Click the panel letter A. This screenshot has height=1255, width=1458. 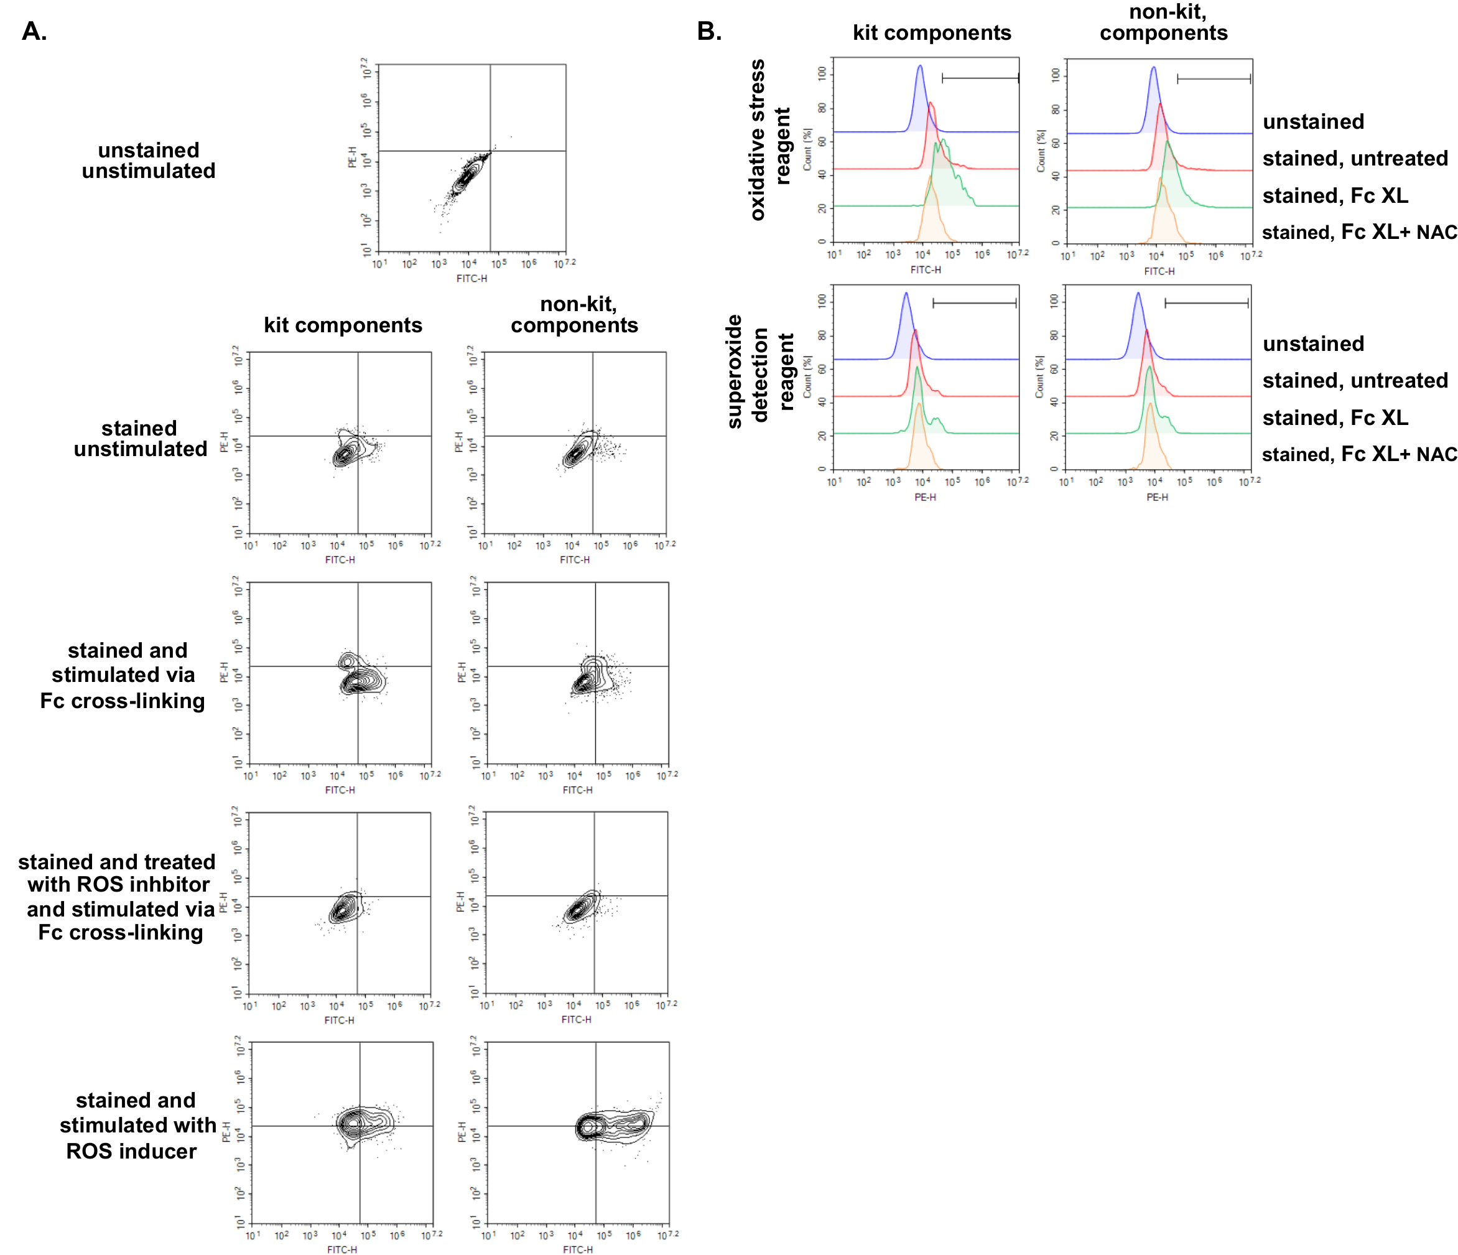point(34,31)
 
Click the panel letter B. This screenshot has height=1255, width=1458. point(708,31)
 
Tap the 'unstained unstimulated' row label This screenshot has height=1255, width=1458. point(149,161)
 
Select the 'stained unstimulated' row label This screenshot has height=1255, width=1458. point(140,439)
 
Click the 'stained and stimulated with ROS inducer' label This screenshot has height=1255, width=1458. point(136,1125)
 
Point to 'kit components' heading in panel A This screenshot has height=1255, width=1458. point(343,325)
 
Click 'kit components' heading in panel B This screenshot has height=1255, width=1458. point(932,32)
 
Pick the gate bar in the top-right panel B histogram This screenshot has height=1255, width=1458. point(1214,78)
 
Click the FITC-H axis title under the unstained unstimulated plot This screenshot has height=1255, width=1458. point(471,279)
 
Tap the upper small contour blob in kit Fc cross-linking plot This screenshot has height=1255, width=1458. point(347,661)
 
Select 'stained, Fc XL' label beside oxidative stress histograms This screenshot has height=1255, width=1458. point(1335,195)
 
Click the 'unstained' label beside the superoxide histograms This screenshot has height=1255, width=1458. point(1313,343)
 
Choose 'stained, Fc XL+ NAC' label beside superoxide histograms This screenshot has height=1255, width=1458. point(1358,454)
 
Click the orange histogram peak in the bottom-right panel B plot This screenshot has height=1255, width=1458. point(1150,404)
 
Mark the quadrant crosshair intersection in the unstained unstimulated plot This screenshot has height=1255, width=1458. point(490,151)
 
